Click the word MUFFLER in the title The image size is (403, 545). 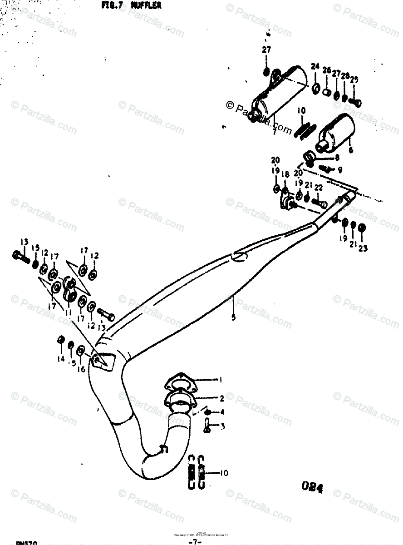click(x=146, y=5)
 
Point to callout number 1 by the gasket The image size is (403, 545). click(x=221, y=379)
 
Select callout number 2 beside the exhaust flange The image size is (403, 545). click(x=221, y=399)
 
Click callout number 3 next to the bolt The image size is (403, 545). click(x=223, y=427)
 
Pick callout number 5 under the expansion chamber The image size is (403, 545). click(x=233, y=318)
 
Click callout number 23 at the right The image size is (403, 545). click(x=363, y=248)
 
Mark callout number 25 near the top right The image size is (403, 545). click(x=354, y=80)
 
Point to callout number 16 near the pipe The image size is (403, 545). click(x=81, y=369)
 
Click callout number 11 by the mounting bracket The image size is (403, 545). click(x=69, y=312)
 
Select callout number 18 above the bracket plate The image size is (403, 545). click(x=285, y=174)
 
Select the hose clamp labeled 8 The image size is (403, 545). click(x=310, y=158)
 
